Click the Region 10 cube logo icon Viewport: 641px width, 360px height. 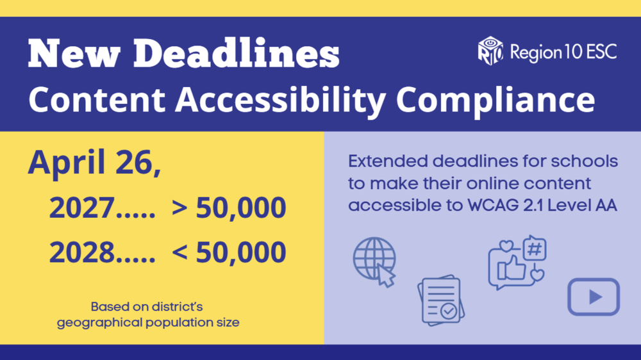[490, 50]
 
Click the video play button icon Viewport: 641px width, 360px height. [594, 297]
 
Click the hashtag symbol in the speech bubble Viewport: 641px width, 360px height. [534, 249]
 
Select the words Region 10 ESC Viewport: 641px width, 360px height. [563, 52]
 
